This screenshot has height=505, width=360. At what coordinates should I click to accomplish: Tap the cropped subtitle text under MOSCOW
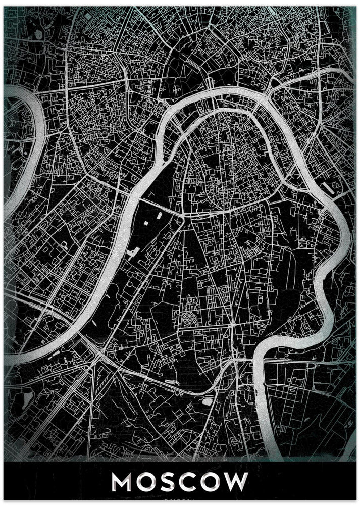[180, 501]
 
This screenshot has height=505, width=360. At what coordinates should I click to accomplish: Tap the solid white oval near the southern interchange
[208, 402]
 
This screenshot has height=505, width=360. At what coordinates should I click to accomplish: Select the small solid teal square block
[64, 244]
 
